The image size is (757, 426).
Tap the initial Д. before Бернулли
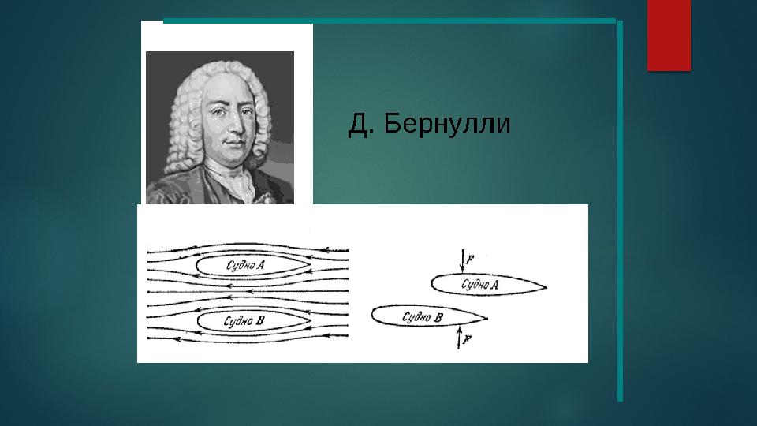pyautogui.click(x=359, y=125)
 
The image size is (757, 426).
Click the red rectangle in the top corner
pyautogui.click(x=669, y=35)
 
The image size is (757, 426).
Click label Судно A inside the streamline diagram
pyautogui.click(x=245, y=266)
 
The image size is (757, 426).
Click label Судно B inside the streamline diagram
pyautogui.click(x=244, y=321)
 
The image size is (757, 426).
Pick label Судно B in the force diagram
pyautogui.click(x=422, y=317)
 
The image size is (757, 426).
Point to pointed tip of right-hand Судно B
pyautogui.click(x=487, y=318)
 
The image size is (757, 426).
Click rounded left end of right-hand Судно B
pyautogui.click(x=374, y=316)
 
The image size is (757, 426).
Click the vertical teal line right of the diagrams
pyautogui.click(x=620, y=213)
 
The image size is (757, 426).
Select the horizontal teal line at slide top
pyautogui.click(x=390, y=20)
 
